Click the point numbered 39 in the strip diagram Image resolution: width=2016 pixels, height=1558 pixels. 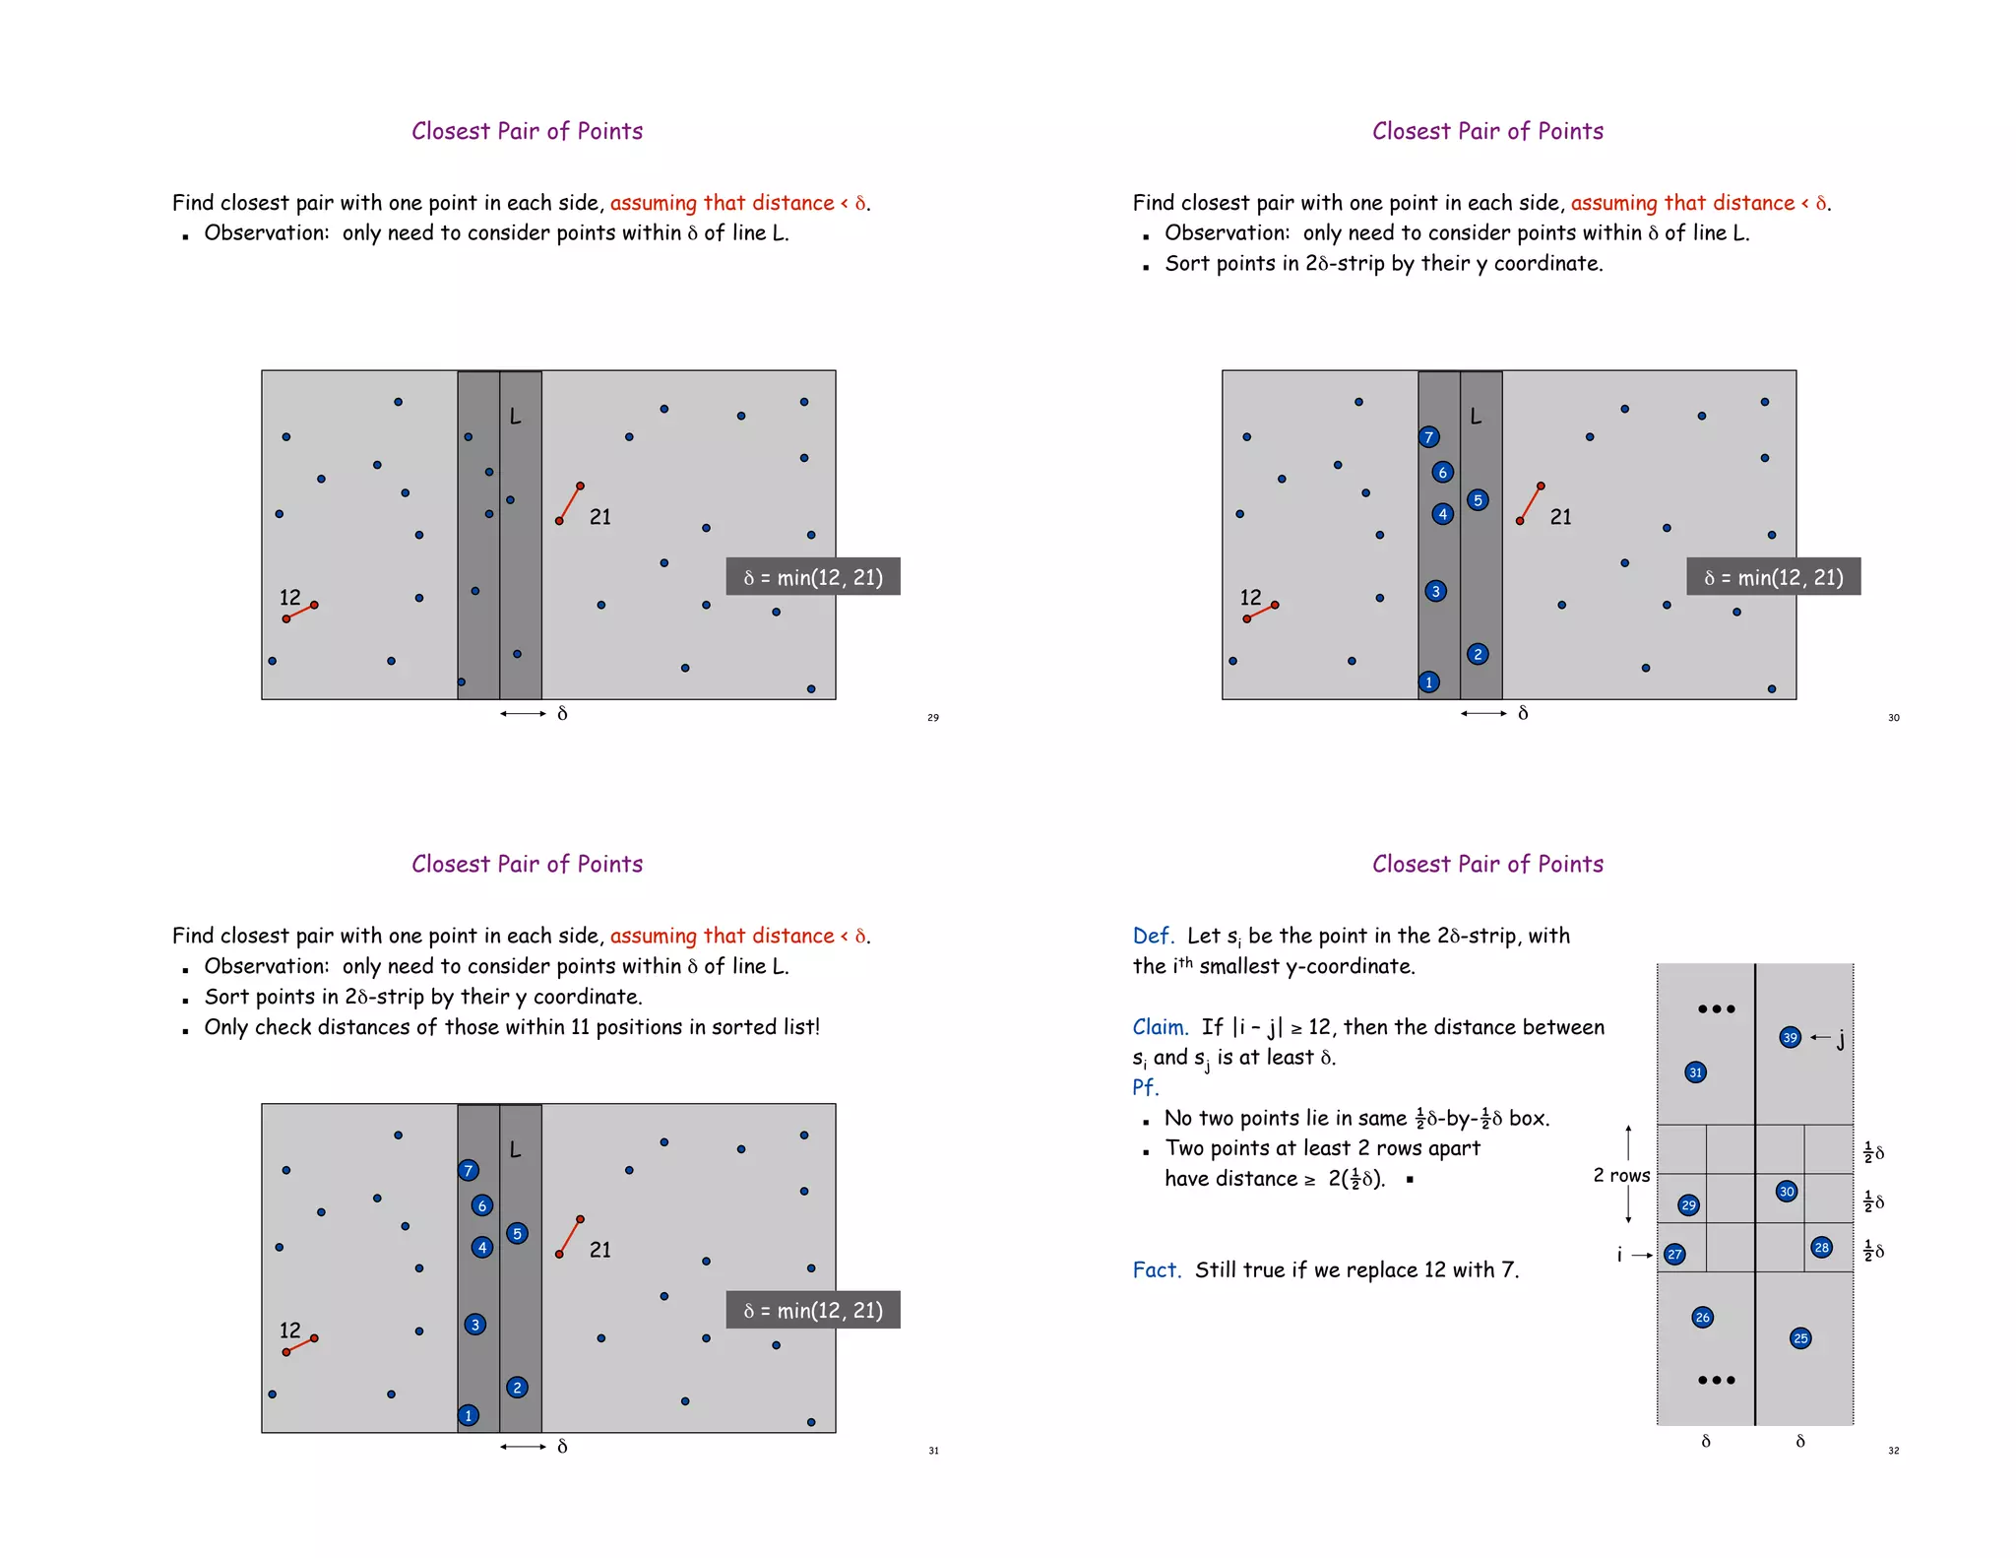click(x=1790, y=1037)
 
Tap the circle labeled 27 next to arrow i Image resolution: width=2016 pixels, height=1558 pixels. click(x=1674, y=1254)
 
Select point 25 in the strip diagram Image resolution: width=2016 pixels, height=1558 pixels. click(x=1800, y=1337)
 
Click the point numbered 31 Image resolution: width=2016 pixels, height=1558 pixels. click(x=1695, y=1072)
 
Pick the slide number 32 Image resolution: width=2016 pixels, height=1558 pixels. click(x=1893, y=1451)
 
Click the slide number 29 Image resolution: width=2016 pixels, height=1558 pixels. click(x=932, y=718)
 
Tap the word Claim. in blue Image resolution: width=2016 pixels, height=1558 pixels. click(x=1160, y=1027)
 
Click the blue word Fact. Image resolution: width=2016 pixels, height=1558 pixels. click(x=1156, y=1270)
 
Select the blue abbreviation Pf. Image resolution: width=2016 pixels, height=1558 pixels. click(x=1145, y=1087)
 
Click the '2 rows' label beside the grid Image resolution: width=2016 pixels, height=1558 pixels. click(x=1620, y=1175)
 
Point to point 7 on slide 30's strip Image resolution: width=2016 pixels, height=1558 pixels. click(x=1429, y=437)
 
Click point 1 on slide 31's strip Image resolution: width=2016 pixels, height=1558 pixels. click(x=469, y=1415)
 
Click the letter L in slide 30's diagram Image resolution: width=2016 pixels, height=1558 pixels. click(x=1476, y=417)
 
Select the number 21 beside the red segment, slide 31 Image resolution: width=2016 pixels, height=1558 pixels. click(x=599, y=1250)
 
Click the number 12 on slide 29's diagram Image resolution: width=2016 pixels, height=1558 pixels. click(x=289, y=598)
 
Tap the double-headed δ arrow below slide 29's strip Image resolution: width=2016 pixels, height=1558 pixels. click(x=522, y=713)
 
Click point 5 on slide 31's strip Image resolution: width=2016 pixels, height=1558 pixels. click(x=517, y=1233)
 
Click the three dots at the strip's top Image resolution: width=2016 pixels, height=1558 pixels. click(x=1716, y=1008)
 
